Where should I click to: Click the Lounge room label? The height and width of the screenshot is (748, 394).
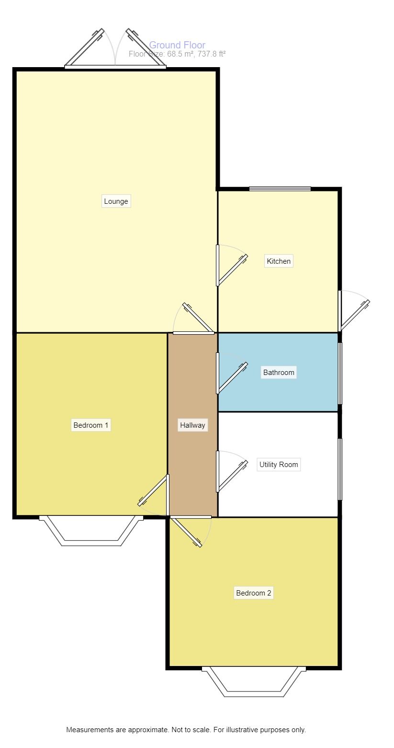116,201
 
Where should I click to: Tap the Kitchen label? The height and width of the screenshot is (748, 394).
279,261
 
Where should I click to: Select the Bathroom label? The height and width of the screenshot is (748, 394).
279,372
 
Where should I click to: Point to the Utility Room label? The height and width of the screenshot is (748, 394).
279,464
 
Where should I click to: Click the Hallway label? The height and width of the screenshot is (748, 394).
192,425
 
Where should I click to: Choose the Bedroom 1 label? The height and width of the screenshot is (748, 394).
91,425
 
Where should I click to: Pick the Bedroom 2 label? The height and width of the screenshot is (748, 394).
254,593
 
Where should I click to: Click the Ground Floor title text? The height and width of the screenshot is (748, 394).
177,46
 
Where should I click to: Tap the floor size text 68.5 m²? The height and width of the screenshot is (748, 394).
180,54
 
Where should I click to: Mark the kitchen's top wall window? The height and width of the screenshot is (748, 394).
280,189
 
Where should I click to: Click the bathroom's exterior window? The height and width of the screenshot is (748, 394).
340,373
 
